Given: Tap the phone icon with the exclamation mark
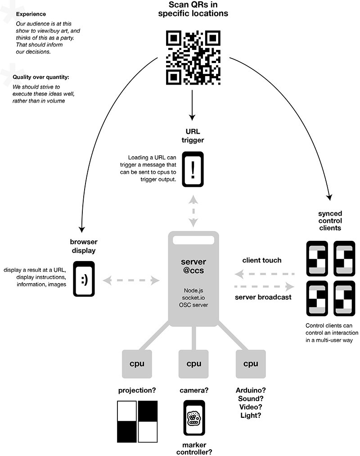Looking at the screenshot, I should tap(193, 169).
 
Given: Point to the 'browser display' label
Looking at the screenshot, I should tap(84, 245).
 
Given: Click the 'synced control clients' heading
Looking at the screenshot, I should tap(329, 221).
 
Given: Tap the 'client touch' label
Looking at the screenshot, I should tap(261, 260).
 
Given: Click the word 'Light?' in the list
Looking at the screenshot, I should tap(250, 415).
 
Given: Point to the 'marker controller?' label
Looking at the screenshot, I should tap(193, 447).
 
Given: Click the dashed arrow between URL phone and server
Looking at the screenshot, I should tap(193, 211).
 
